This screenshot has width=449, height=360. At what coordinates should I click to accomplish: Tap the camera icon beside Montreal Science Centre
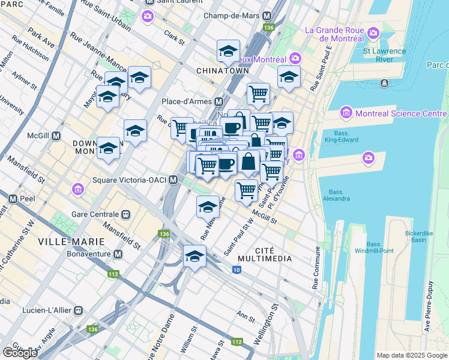click(346, 113)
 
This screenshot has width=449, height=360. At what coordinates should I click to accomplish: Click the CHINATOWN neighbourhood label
click(222, 71)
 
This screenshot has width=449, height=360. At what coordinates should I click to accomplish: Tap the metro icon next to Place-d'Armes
click(219, 101)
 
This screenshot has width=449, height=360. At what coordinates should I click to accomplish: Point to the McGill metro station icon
click(56, 136)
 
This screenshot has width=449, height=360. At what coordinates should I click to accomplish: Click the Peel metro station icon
click(12, 197)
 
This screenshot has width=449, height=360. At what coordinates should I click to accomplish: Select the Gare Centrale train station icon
click(126, 214)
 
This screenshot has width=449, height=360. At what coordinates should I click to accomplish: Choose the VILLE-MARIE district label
click(71, 241)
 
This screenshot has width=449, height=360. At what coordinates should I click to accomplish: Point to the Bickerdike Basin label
click(406, 236)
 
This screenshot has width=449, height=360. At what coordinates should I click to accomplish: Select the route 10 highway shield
click(237, 271)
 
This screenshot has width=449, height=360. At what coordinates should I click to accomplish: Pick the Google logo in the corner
click(20, 353)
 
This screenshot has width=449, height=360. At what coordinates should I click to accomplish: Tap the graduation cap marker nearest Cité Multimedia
click(194, 256)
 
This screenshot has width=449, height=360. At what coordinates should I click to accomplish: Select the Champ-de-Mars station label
click(229, 16)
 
